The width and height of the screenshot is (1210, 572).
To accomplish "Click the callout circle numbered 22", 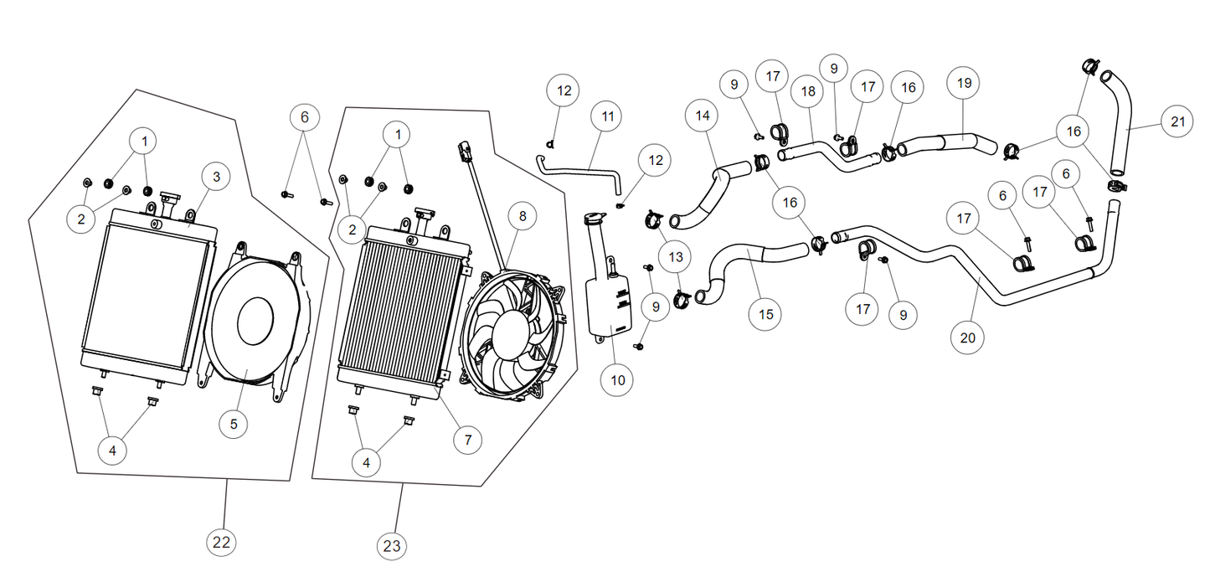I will tap(221, 542).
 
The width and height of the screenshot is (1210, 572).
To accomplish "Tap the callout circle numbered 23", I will tap(392, 547).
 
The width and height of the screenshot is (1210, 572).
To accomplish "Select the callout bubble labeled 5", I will tap(234, 424).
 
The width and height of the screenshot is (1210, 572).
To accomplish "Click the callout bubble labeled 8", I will tap(523, 216).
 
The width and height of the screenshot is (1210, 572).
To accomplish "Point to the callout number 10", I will tap(618, 379).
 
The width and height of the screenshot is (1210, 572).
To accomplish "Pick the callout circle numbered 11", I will tap(608, 115).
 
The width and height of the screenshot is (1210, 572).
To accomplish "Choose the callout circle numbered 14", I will tap(702, 116).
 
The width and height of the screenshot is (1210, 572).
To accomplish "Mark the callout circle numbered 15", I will tap(765, 314).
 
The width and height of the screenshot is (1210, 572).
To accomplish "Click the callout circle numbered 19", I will tap(964, 83).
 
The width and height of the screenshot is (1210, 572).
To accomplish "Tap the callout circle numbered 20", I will tap(968, 338).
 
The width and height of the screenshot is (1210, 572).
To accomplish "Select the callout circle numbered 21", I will tap(1178, 121).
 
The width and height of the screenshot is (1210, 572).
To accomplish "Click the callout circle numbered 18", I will tap(808, 91).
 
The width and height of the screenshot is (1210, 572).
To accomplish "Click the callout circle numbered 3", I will tap(216, 177).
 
